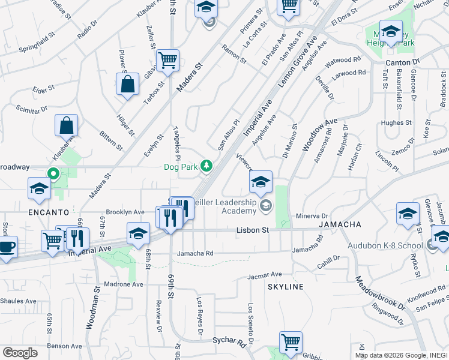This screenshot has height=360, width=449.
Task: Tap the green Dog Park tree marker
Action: pos(207,165)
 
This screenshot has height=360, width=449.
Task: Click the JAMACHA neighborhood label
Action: pos(340,224)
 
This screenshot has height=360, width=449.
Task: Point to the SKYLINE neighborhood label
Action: pos(285,287)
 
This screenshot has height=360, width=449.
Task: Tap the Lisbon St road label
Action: pos(252,230)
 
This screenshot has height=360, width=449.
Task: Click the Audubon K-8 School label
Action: pos(385,245)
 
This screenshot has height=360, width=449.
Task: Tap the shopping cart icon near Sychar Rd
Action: pos(291,343)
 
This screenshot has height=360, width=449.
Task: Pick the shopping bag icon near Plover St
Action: pos(128,85)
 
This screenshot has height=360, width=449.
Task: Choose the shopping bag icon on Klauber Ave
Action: pos(66,125)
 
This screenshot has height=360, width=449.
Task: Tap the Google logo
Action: pos(20,353)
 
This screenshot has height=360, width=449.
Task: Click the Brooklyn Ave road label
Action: pos(125,212)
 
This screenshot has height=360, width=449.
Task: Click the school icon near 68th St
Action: pos(138,234)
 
